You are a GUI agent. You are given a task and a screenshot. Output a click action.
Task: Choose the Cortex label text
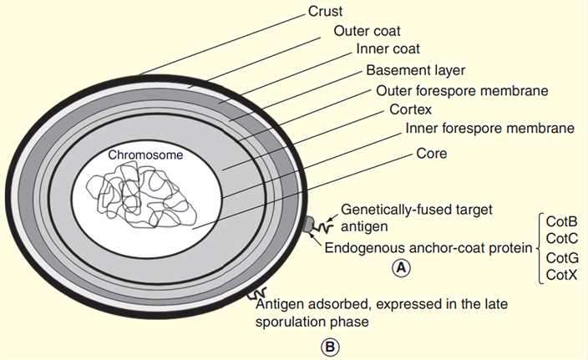tap(410, 109)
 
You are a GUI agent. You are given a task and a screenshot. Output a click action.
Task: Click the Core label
tap(432, 155)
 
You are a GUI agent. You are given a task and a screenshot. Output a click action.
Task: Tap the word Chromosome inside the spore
tap(144, 155)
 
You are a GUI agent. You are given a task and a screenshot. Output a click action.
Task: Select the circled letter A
tap(403, 267)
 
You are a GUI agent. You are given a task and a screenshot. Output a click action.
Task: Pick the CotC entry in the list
tap(561, 240)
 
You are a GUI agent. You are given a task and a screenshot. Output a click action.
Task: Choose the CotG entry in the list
tap(561, 257)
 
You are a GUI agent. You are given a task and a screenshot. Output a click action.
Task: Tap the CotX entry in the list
tap(561, 275)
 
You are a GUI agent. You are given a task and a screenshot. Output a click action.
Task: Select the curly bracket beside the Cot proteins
tap(538, 248)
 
